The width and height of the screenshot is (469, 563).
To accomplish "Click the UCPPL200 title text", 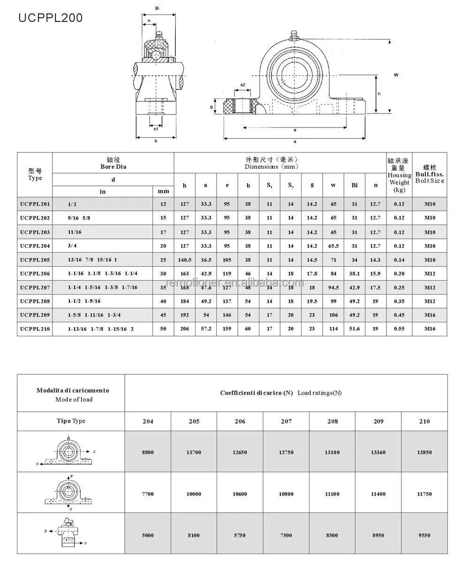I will click(50, 18).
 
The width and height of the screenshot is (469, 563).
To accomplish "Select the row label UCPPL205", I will click(35, 260).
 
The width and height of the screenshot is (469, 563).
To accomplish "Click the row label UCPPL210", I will click(35, 329).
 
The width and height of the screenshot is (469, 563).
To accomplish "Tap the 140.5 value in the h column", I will click(184, 260).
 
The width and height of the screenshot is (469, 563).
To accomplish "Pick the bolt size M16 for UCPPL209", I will click(430, 315).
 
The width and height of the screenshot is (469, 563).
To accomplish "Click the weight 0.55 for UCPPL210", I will click(399, 329).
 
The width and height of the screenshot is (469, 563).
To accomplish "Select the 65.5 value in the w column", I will click(333, 246).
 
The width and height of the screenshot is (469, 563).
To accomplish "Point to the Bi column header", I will click(355, 185).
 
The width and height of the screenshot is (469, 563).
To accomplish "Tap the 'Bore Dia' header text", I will click(113, 167).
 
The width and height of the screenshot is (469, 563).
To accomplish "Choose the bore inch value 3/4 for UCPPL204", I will click(72, 246).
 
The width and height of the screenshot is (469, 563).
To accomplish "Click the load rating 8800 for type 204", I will click(148, 452).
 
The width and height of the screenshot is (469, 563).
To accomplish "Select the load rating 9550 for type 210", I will click(424, 535).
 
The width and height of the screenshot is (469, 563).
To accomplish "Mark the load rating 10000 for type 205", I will click(194, 494).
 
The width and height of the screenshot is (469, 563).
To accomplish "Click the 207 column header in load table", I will click(286, 421).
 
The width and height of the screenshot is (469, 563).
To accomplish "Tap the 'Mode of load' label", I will click(74, 400).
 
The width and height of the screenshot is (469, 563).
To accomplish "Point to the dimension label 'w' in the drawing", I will click(396, 74).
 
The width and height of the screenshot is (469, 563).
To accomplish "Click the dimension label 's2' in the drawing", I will click(242, 85).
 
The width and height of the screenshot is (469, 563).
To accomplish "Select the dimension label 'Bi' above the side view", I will click(157, 8).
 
